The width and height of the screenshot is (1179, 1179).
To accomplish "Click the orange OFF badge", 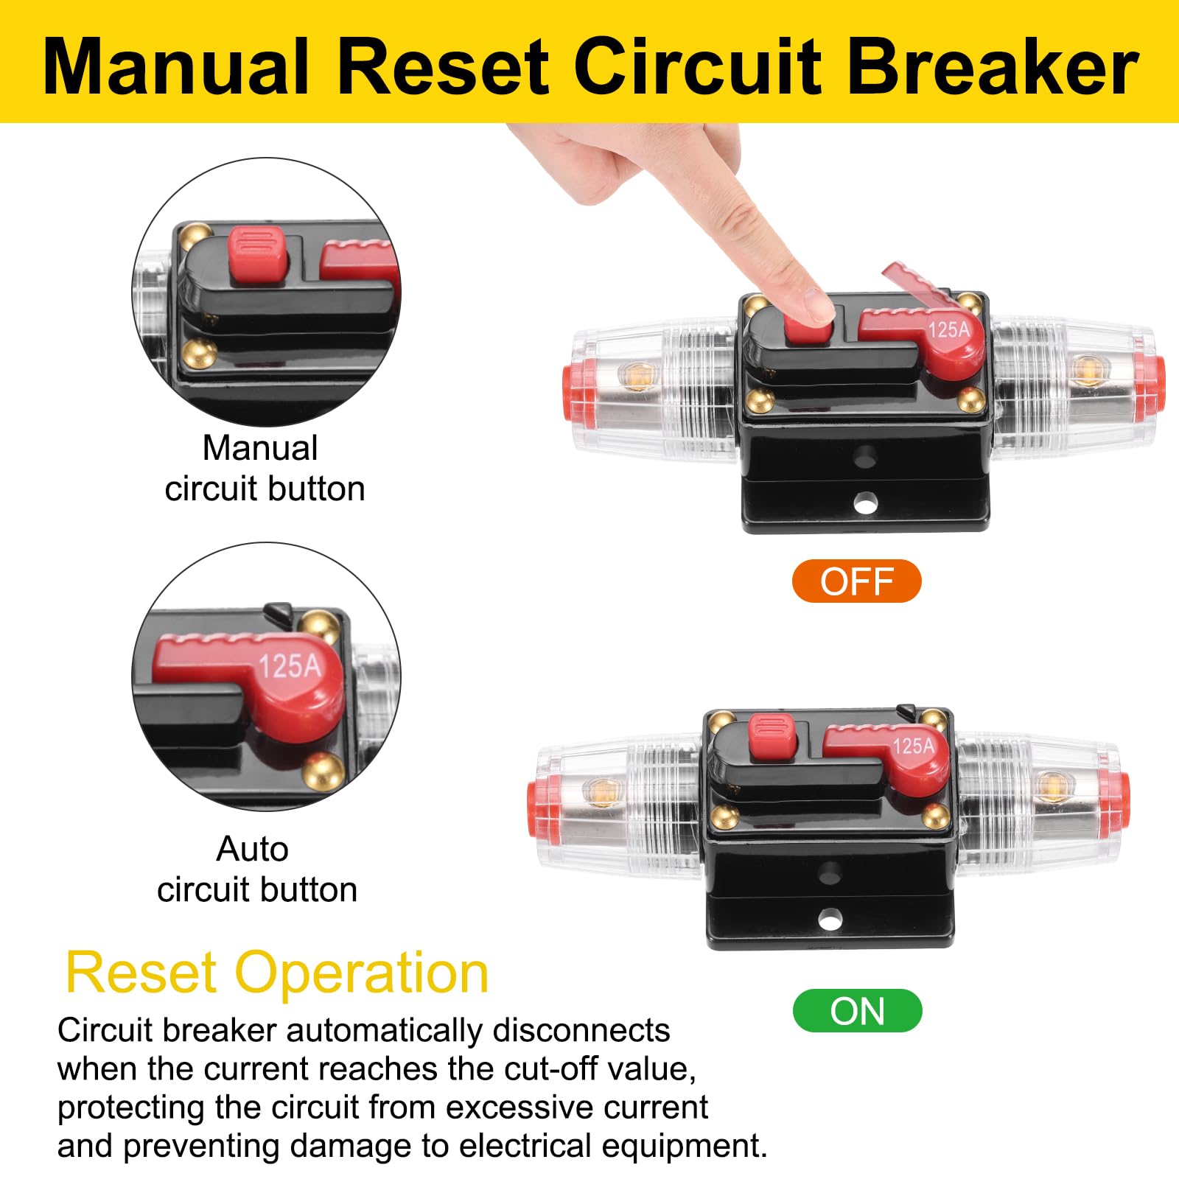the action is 856,581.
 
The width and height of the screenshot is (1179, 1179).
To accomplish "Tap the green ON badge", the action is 857,1011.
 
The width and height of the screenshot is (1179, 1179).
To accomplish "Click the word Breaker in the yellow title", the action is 993,68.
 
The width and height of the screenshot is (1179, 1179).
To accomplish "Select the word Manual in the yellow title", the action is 176,68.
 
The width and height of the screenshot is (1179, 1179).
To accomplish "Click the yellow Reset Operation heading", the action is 277,973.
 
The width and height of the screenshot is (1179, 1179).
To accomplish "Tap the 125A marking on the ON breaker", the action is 914,746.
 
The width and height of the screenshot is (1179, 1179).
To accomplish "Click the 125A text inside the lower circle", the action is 290,666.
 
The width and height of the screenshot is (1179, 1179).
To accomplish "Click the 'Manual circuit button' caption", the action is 263,469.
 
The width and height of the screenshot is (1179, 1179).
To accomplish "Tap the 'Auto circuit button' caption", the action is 256,870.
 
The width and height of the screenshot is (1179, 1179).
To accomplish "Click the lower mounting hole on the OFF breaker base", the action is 864,505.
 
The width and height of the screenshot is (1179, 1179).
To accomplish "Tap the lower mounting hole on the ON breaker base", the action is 830,920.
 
